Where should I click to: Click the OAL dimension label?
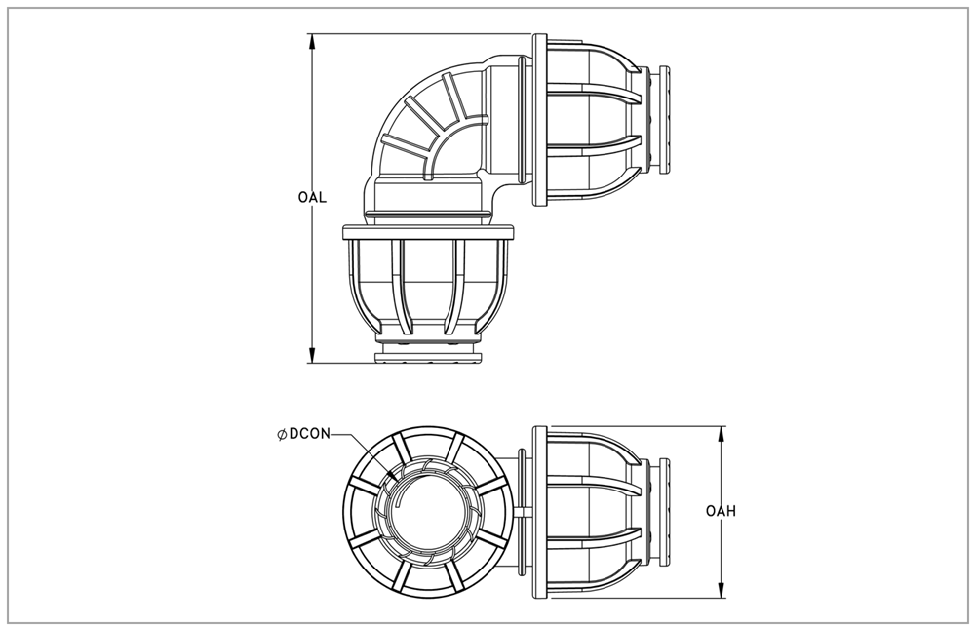click(x=312, y=198)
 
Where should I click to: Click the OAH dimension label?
click(x=721, y=511)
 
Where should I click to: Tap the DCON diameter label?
click(x=310, y=434)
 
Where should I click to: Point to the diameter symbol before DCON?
click(x=282, y=435)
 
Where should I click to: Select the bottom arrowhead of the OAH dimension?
click(x=722, y=590)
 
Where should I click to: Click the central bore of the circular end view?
click(x=428, y=512)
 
